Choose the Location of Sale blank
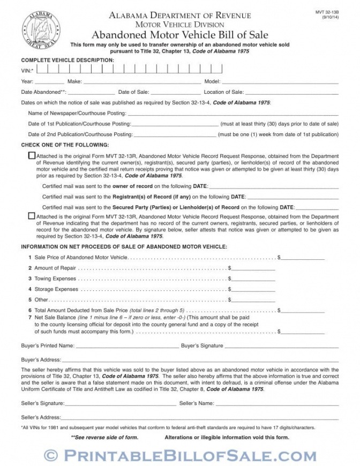pos(292,92)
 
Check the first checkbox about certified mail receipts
pos(31,155)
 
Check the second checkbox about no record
pos(31,216)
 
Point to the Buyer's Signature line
pos(281,345)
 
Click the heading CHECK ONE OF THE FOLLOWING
pos(65,145)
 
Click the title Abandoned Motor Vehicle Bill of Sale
pos(180,34)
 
